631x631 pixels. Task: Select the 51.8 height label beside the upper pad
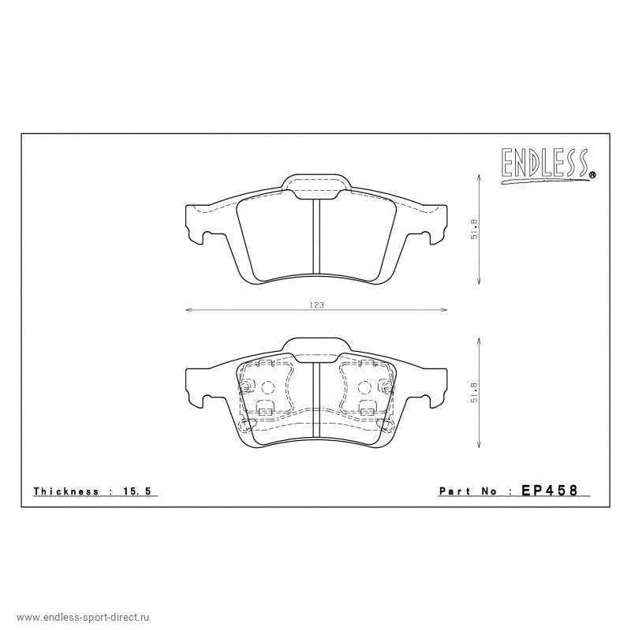tap(473, 230)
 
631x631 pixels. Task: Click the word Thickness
tap(65, 491)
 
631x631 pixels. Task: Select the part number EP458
tap(550, 491)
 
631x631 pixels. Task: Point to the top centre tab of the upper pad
tap(315, 185)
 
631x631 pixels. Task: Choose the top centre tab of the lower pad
tap(315, 348)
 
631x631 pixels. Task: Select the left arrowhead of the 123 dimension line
tap(187, 310)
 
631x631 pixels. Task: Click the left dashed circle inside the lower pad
tap(267, 387)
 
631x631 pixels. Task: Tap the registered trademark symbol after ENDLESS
tap(592, 176)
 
